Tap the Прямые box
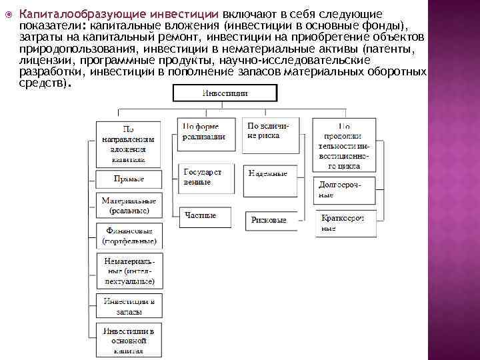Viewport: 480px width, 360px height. (128, 179)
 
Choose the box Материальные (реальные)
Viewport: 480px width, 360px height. (129, 205)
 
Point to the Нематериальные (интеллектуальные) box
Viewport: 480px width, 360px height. (128, 269)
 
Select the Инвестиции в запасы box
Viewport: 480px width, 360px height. (128, 306)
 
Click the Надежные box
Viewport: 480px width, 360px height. (268, 174)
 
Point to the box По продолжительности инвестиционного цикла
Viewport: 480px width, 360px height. (344, 145)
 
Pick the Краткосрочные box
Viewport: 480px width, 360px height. (344, 224)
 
